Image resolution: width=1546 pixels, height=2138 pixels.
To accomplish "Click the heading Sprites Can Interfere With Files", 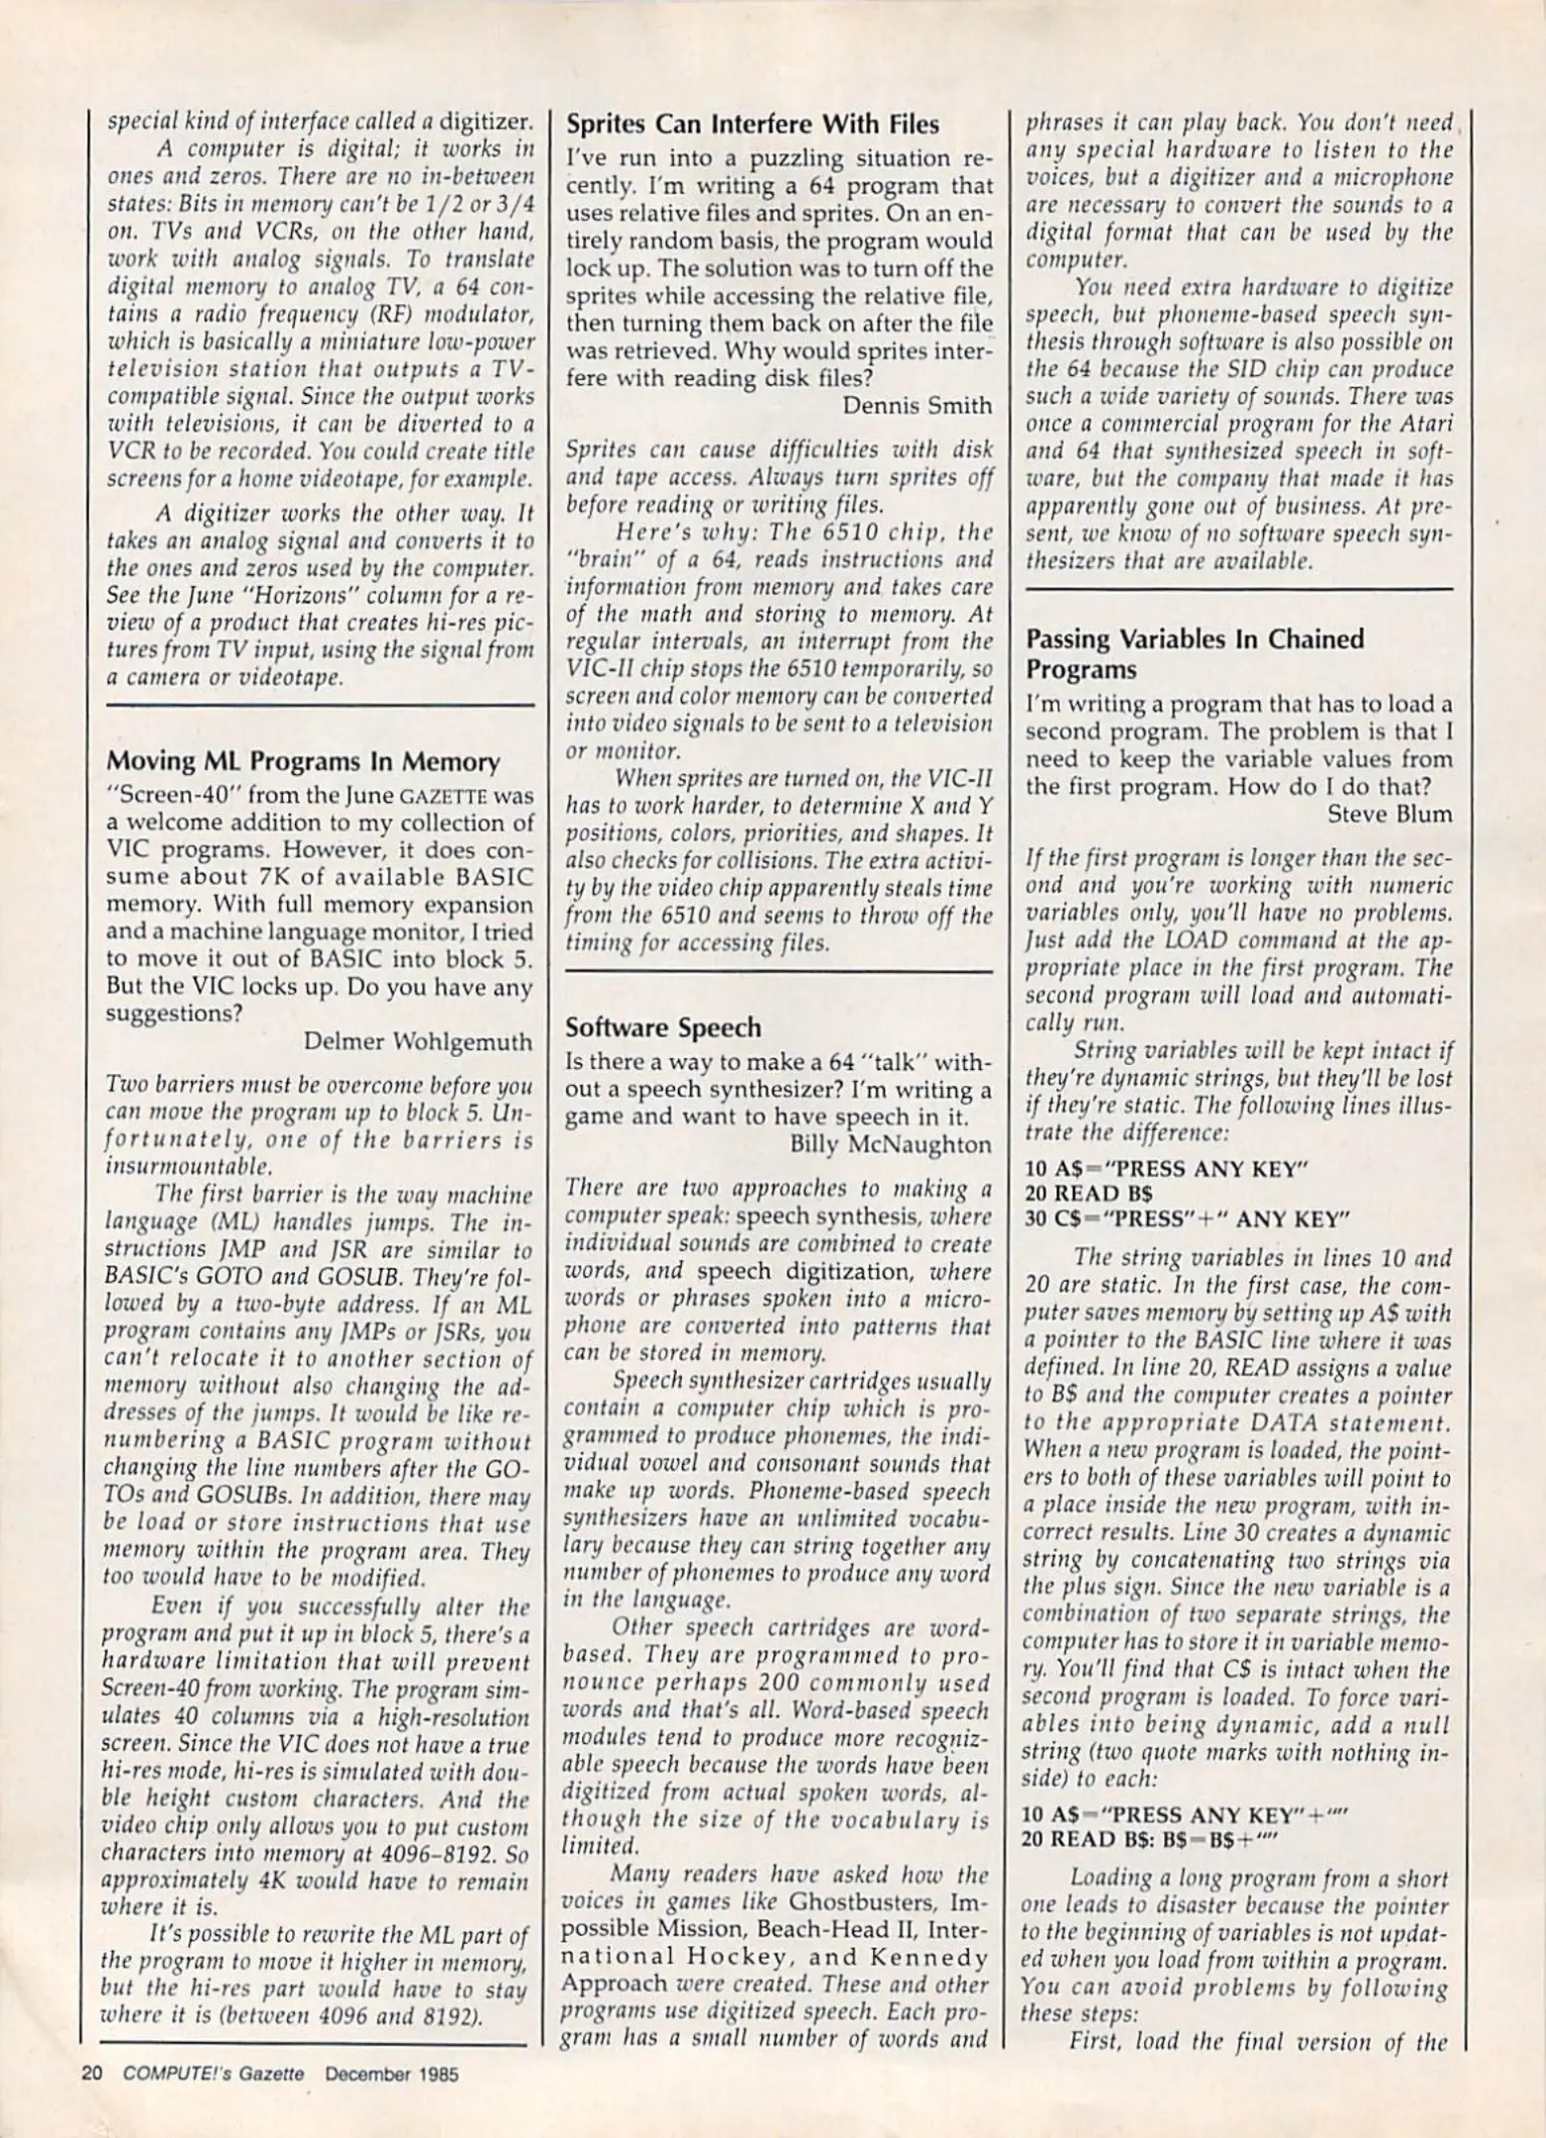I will (752, 125).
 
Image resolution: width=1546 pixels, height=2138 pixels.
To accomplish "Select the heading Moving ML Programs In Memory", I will (302, 761).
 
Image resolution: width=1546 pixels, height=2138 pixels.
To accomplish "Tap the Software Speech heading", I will (663, 1027).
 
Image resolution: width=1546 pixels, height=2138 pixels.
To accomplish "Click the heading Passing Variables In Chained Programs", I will (1195, 653).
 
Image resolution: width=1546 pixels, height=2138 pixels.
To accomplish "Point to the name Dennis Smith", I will (917, 406).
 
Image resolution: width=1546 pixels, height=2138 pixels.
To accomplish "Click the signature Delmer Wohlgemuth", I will (418, 1041).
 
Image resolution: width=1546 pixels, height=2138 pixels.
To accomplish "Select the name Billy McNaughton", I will (891, 1144).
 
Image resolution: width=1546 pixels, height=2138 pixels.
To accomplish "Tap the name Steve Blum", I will (1390, 815).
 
